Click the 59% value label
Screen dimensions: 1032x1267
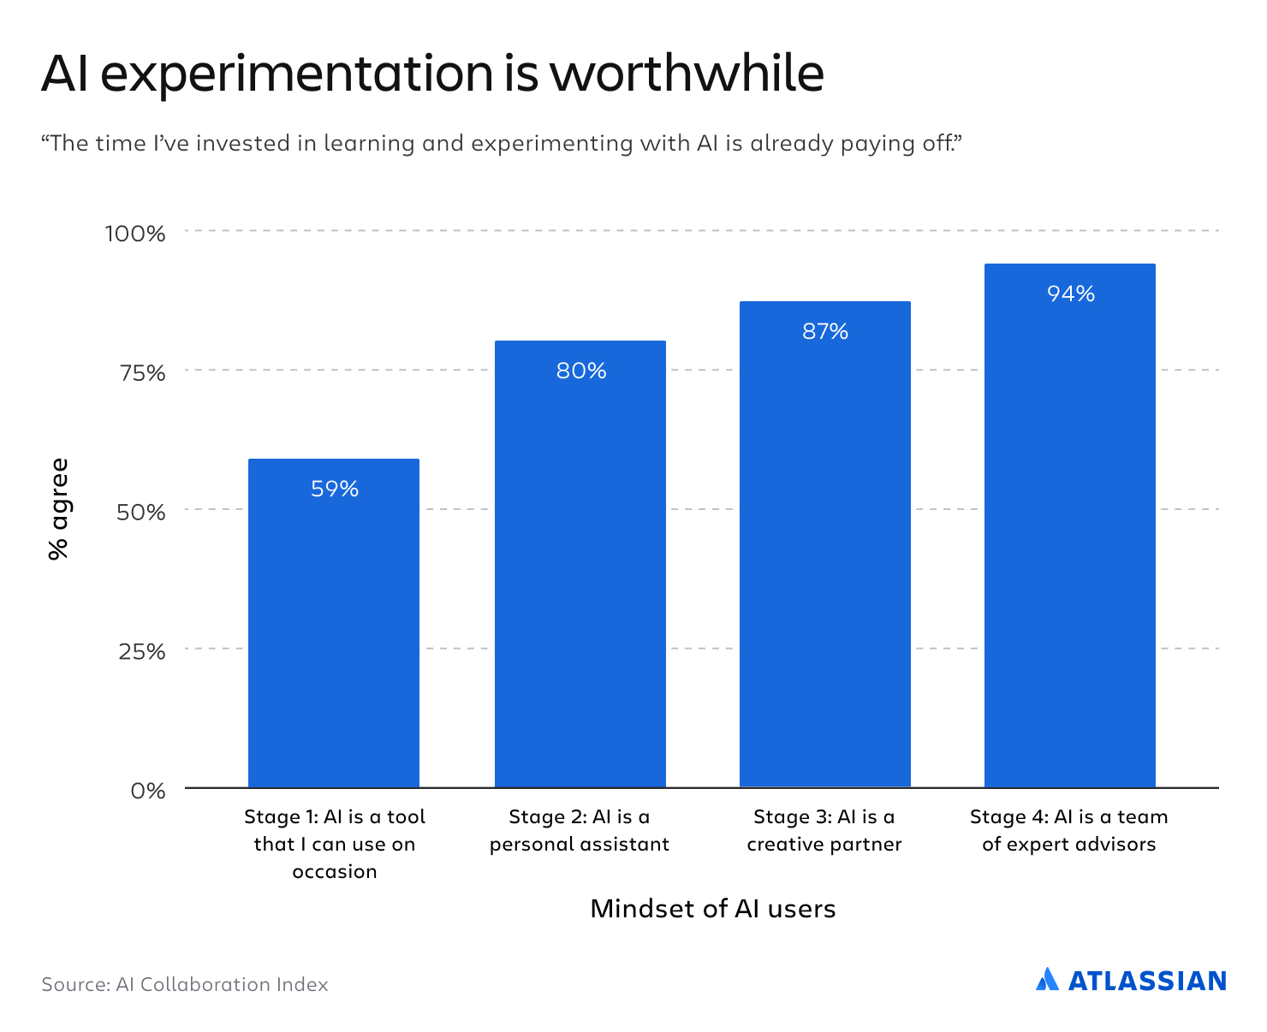[335, 489]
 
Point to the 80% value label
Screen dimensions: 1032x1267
[581, 371]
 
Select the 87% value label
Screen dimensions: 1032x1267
[825, 331]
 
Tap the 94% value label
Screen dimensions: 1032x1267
[1071, 294]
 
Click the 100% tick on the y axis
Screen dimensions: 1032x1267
[134, 233]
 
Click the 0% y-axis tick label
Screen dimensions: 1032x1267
[147, 791]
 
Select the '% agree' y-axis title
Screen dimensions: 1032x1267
[58, 510]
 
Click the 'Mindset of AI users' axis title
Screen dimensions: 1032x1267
[712, 908]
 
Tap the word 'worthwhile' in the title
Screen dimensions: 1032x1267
[687, 73]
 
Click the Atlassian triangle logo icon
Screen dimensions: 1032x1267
[1047, 979]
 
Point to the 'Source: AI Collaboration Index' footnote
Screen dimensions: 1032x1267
[185, 984]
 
